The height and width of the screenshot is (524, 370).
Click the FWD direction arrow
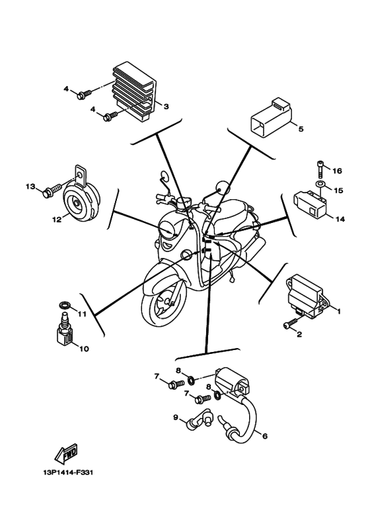(66, 454)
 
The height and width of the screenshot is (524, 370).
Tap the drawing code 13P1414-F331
(68, 472)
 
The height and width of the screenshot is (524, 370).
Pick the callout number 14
(340, 219)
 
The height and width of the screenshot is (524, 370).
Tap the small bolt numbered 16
(320, 169)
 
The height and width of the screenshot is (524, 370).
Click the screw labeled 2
(290, 323)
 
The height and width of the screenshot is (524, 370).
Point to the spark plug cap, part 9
(199, 418)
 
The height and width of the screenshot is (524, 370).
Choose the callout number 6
(265, 436)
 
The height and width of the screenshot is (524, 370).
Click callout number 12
(56, 220)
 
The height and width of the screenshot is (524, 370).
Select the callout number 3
(166, 107)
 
